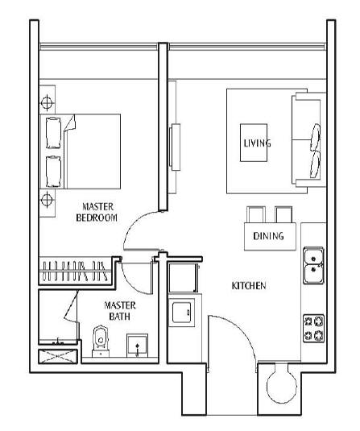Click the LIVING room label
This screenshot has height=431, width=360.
[257, 143]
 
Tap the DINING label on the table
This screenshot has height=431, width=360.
[268, 236]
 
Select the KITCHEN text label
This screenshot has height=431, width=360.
[249, 286]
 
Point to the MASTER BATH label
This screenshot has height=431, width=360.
[120, 311]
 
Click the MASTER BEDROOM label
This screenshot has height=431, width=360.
[97, 212]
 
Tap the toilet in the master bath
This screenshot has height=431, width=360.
[101, 341]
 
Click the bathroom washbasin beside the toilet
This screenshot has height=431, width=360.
[137, 346]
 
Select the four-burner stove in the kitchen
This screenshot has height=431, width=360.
[313, 328]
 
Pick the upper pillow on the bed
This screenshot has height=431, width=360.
[53, 133]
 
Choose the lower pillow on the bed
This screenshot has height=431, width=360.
[53, 172]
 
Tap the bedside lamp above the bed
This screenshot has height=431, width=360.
[47, 102]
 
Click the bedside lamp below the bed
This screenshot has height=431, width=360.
[47, 199]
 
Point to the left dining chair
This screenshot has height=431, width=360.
[256, 214]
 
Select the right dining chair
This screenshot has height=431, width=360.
[283, 214]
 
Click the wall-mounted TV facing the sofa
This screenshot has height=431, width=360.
[175, 147]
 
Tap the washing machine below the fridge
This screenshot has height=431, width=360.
[182, 313]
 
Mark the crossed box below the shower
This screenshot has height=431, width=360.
[58, 357]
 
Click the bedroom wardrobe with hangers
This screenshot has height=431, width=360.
[76, 271]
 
